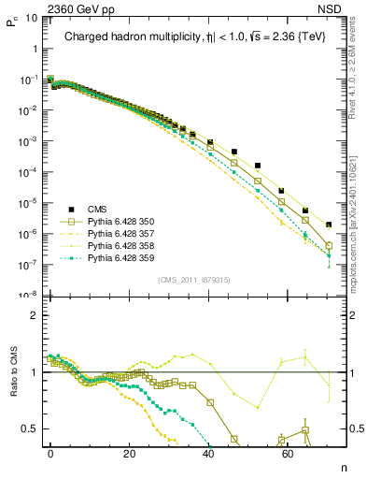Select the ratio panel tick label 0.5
point(29,428)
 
